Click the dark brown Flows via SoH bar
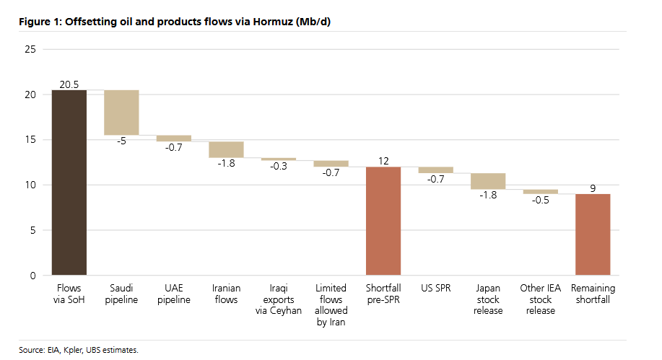[x=69, y=183]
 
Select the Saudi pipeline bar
[x=121, y=113]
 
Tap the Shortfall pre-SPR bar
[x=383, y=221]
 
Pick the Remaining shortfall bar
[x=593, y=234]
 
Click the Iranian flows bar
[x=226, y=149]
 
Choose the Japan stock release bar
[x=488, y=181]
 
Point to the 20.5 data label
[x=69, y=84]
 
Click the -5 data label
[x=121, y=141]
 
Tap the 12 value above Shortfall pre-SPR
[x=383, y=161]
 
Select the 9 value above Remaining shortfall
[x=593, y=188]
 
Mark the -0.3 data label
[x=279, y=167]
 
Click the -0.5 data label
[x=540, y=200]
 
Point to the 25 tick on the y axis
[x=30, y=49]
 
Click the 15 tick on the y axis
[x=30, y=140]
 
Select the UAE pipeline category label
[x=174, y=294]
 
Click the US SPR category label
[x=435, y=289]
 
